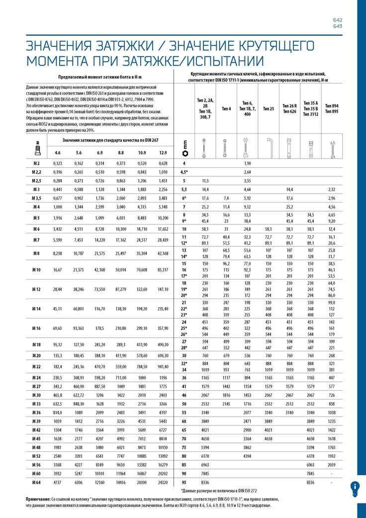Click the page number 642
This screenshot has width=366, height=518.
[337, 20]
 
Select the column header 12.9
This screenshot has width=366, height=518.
[163, 152]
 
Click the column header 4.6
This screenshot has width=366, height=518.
[58, 152]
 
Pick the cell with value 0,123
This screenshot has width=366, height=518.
[58, 164]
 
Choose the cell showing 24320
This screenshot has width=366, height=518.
[163, 483]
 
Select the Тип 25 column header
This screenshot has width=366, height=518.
[269, 108]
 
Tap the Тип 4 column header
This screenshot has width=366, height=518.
[226, 108]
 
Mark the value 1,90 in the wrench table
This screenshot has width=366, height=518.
[247, 164]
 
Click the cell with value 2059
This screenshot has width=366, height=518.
[332, 464]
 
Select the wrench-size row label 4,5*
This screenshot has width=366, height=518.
[184, 172]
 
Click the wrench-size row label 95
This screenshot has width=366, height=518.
[184, 483]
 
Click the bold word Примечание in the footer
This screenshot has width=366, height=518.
[38, 499]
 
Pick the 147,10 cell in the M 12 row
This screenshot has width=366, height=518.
[163, 289]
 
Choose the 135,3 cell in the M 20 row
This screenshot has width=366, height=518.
[58, 356]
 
